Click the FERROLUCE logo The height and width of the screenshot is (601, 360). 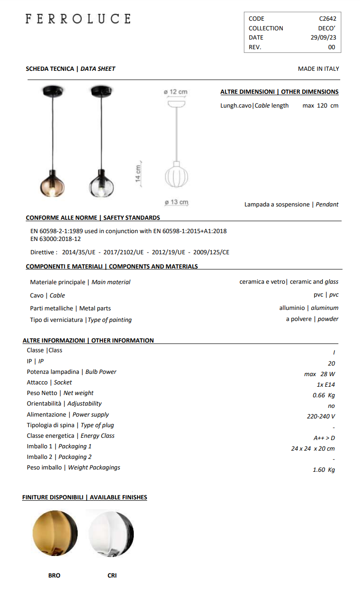point(78,19)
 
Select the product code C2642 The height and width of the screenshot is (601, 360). point(327,19)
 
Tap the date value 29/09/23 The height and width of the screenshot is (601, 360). point(323,38)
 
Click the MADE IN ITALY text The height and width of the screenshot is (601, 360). point(318,69)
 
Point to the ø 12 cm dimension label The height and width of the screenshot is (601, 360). point(176,92)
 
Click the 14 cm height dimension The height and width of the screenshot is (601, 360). point(138,173)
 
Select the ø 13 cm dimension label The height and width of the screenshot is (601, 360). point(177,202)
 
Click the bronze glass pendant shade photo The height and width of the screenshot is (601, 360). point(51,183)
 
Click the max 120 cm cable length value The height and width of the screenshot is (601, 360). point(320,105)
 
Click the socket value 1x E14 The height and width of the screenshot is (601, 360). point(326,384)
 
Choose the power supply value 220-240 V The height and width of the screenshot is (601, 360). point(321,416)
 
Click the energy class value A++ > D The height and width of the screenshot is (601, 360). point(324,438)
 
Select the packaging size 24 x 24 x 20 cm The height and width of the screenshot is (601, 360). point(313,448)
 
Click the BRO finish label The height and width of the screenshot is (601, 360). point(54,575)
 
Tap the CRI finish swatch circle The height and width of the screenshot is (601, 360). point(111,533)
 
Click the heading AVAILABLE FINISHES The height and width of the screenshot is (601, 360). point(118,497)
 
